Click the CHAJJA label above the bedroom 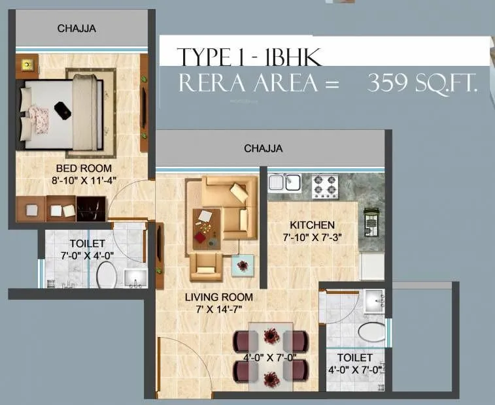tap(77, 28)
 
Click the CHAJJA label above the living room tap(263, 148)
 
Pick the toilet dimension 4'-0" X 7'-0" tap(355, 369)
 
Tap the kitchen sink tap(284, 182)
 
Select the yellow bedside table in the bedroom tap(27, 65)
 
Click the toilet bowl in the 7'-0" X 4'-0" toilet tap(106, 276)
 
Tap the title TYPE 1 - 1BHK tap(249, 57)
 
